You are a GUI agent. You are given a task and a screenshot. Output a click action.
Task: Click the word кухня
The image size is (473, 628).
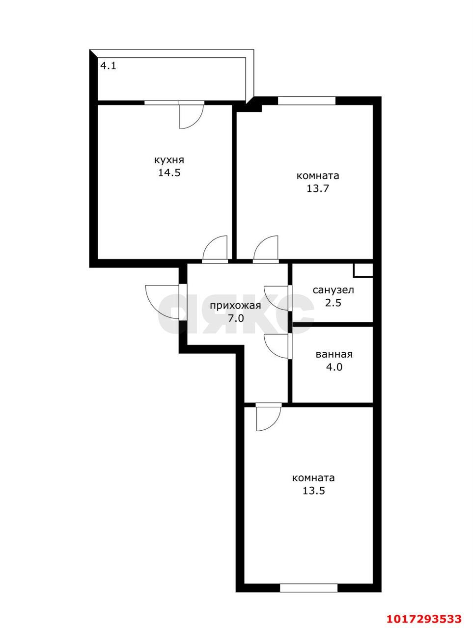click(x=169, y=160)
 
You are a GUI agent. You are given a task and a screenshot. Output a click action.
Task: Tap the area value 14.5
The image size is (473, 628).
click(x=169, y=173)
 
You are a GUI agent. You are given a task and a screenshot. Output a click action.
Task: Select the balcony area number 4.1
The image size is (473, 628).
click(x=108, y=66)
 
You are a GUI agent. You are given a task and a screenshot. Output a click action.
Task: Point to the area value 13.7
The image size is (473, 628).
click(x=317, y=188)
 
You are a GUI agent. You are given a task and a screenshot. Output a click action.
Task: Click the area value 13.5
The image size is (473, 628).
click(x=313, y=491)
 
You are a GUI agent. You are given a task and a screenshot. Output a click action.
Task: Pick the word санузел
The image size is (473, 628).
click(x=334, y=290)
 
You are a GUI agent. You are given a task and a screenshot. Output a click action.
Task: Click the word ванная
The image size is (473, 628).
click(x=334, y=355)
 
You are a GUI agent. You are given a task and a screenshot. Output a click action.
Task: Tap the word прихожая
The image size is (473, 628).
click(x=235, y=306)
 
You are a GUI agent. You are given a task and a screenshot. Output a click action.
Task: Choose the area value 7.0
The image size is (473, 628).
click(x=236, y=318)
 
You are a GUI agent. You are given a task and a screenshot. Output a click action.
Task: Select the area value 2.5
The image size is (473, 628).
click(x=334, y=303)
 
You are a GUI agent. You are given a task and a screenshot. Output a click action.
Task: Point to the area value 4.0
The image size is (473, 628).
click(x=334, y=367)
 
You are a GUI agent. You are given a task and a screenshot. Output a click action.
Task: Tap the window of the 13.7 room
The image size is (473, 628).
click(x=306, y=101)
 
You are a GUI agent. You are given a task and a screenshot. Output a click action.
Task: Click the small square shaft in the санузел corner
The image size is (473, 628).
click(x=363, y=270)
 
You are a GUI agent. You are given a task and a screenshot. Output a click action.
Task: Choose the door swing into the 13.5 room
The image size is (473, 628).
click(x=269, y=419)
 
